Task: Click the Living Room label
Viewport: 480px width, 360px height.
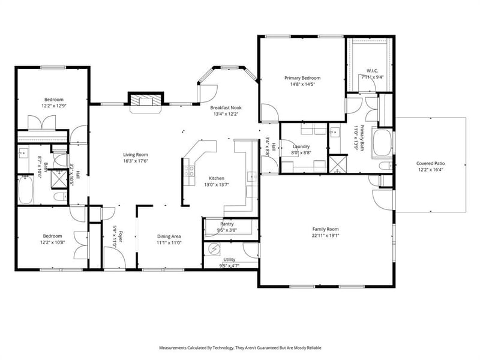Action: click(x=136, y=155)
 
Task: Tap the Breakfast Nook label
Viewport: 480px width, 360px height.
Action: click(x=226, y=108)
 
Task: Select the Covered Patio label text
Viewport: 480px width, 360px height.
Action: click(x=430, y=163)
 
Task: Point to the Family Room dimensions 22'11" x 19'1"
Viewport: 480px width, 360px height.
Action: click(x=325, y=235)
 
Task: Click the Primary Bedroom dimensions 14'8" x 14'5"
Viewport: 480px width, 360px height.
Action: click(x=302, y=84)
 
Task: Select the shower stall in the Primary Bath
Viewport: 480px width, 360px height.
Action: click(x=337, y=164)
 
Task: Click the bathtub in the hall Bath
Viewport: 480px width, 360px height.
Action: click(x=26, y=190)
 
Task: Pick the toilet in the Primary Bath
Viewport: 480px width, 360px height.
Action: click(x=385, y=166)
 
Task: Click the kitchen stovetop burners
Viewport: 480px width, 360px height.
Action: click(x=189, y=170)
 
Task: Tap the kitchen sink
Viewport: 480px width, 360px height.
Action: click(x=252, y=176)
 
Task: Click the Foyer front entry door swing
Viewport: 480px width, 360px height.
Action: click(x=115, y=258)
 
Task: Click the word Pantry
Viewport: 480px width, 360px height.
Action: click(x=227, y=224)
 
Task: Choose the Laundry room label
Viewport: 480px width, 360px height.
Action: click(x=301, y=146)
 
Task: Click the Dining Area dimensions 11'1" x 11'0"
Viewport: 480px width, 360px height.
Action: click(x=169, y=242)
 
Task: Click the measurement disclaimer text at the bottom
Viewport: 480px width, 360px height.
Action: click(x=240, y=348)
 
